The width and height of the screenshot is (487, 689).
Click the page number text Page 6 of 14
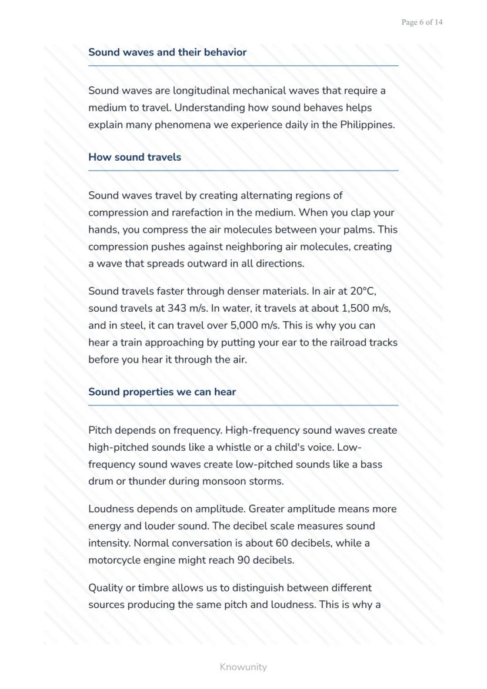pyautogui.click(x=422, y=22)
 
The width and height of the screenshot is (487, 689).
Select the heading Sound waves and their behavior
pyautogui.click(x=167, y=52)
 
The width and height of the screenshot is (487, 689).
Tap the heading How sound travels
pyautogui.click(x=135, y=157)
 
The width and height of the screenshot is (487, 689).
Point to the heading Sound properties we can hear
pyautogui.click(x=162, y=392)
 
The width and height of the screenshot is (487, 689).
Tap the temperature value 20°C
pyautogui.click(x=362, y=291)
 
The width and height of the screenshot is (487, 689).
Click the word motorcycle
pyautogui.click(x=115, y=560)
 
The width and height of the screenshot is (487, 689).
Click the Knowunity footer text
pyautogui.click(x=243, y=667)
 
